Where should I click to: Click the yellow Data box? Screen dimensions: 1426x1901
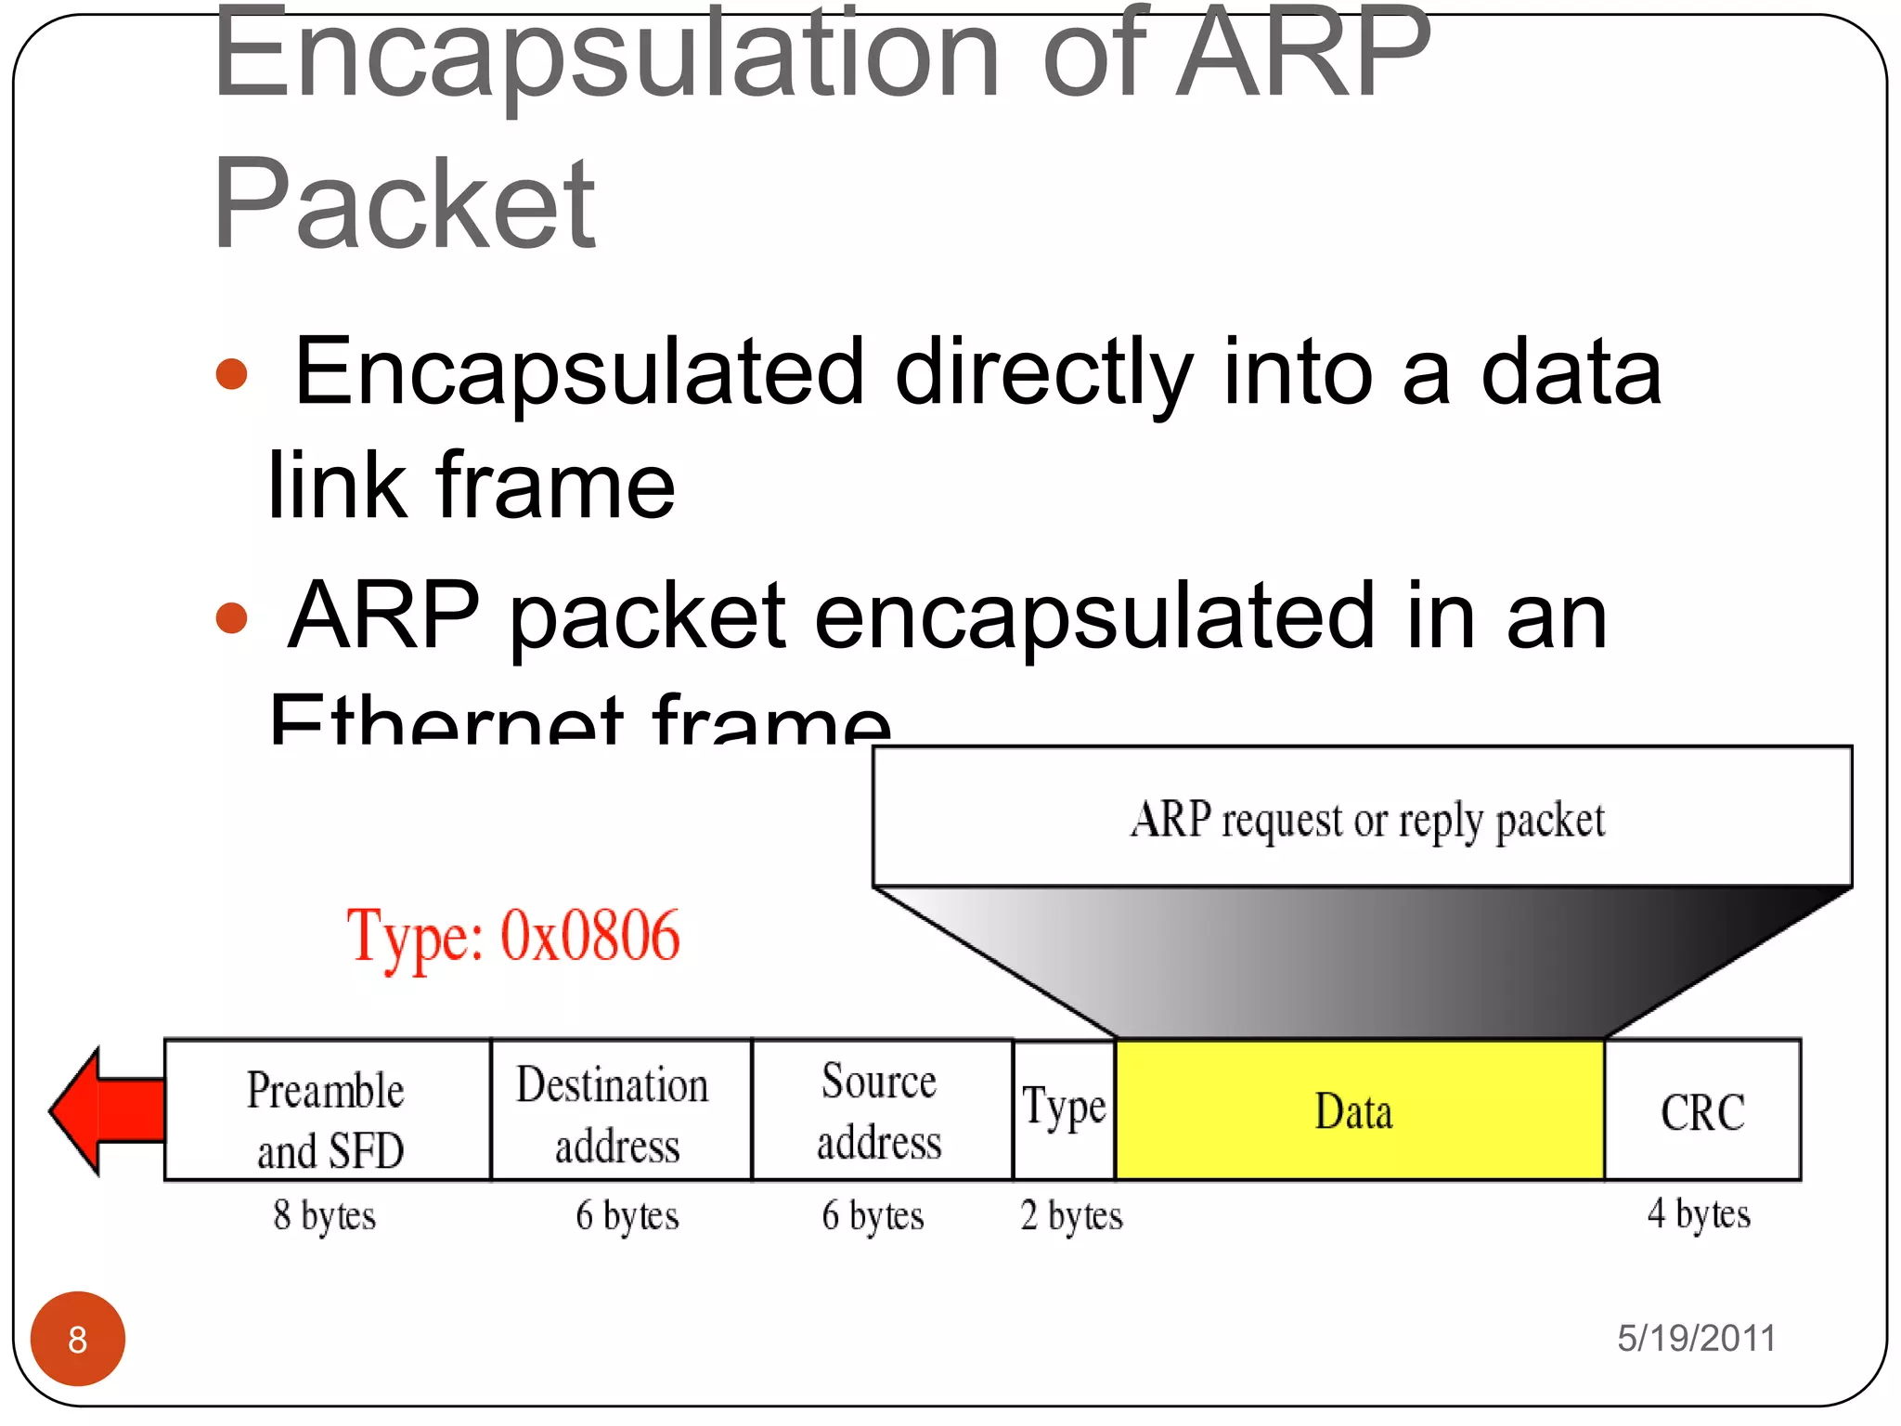[1359, 1110]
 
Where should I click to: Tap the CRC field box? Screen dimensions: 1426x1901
[1701, 1110]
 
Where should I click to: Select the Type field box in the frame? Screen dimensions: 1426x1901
[1064, 1108]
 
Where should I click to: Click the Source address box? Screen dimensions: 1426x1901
[880, 1110]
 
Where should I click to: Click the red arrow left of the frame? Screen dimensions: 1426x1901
[102, 1110]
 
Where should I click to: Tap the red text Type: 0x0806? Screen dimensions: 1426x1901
[513, 936]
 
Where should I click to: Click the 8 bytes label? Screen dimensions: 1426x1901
[324, 1215]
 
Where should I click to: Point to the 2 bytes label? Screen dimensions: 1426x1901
[1071, 1215]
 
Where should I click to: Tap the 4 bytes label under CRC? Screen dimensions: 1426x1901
[1699, 1213]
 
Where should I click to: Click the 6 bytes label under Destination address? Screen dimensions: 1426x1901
[627, 1215]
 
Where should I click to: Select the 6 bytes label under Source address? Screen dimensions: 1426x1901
[873, 1215]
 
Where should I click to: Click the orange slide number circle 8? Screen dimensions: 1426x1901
[78, 1339]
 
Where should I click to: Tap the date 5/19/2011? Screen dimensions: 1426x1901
[1696, 1338]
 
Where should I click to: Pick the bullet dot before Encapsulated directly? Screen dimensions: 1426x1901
[231, 374]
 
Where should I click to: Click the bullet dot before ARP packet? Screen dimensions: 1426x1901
[231, 617]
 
